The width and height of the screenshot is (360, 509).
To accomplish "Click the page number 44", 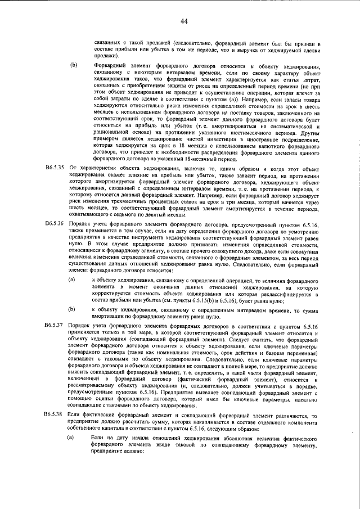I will (184, 21).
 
